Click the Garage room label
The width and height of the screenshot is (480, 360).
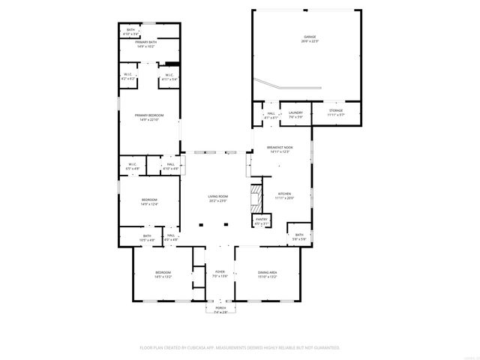tap(310, 38)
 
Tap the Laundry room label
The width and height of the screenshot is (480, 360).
tap(295, 114)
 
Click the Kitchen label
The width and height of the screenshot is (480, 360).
tap(284, 194)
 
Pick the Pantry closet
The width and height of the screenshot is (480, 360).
tap(261, 222)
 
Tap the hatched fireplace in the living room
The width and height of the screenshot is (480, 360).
tap(256, 198)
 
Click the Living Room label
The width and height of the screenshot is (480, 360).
tap(217, 199)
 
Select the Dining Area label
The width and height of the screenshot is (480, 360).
tap(268, 274)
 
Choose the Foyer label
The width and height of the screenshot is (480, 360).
tap(220, 274)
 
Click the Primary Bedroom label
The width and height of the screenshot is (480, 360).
tap(149, 116)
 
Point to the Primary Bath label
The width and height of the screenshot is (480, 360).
tap(146, 43)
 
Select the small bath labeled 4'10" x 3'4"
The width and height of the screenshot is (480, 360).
tap(131, 31)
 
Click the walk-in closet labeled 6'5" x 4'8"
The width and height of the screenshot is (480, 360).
tap(132, 166)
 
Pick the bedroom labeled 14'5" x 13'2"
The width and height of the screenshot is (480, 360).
tap(163, 274)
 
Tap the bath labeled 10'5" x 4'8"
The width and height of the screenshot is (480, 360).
tap(147, 238)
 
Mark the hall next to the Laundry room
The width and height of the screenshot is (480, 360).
tap(271, 115)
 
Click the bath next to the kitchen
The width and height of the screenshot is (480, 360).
tap(298, 236)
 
